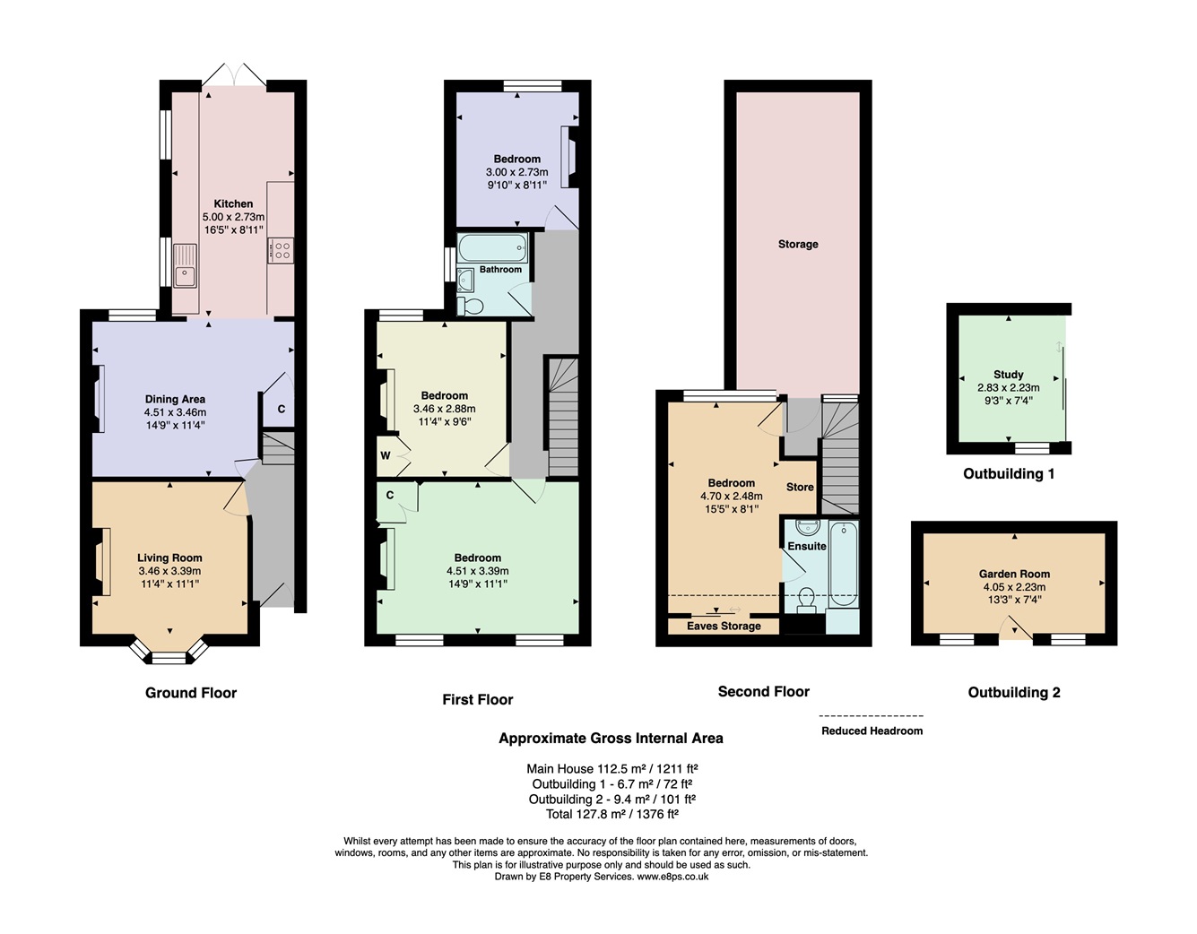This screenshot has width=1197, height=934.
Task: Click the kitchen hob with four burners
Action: [281, 251]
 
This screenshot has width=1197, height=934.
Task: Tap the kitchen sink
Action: [185, 266]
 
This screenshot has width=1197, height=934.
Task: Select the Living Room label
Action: [169, 558]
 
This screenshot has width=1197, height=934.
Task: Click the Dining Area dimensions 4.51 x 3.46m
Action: [175, 412]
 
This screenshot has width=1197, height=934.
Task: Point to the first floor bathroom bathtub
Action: [493, 247]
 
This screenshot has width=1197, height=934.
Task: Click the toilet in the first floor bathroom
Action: [470, 306]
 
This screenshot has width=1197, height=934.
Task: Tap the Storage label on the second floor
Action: [798, 244]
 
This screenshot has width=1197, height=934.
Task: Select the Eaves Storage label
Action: [724, 627]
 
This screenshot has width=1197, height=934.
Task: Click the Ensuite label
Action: [806, 546]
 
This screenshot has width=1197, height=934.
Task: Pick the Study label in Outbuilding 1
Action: [1008, 375]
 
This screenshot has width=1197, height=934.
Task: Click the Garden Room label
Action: [1014, 574]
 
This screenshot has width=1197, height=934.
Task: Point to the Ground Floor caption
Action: [191, 693]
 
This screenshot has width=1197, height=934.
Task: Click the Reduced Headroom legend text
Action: [872, 731]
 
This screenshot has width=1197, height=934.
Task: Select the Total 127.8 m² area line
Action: [612, 814]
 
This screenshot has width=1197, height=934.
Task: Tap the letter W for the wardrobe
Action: [385, 455]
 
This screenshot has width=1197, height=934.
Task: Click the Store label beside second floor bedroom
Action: [799, 487]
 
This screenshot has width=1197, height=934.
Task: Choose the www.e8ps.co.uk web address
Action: [672, 876]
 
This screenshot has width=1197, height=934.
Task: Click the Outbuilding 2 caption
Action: [1013, 692]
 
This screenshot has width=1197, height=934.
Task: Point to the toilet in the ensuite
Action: [807, 601]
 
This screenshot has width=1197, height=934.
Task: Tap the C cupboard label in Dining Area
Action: [281, 409]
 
